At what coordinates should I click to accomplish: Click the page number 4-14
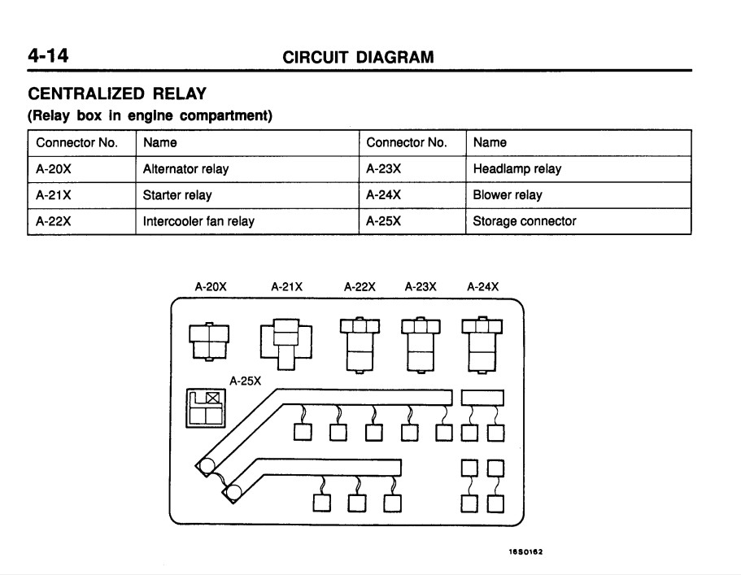[48, 56]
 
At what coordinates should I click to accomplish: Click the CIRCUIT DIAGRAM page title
[358, 57]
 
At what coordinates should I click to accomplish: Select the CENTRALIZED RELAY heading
[117, 94]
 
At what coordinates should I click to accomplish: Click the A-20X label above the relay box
[211, 287]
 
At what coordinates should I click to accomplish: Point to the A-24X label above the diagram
[483, 287]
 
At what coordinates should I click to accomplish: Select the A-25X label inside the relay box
[246, 381]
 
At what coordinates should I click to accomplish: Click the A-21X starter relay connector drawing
[286, 344]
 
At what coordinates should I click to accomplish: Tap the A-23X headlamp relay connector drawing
[421, 345]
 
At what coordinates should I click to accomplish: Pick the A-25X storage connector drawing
[206, 408]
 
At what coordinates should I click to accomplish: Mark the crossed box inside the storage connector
[212, 398]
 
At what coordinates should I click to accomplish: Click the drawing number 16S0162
[525, 551]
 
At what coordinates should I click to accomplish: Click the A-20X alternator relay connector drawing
[209, 342]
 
